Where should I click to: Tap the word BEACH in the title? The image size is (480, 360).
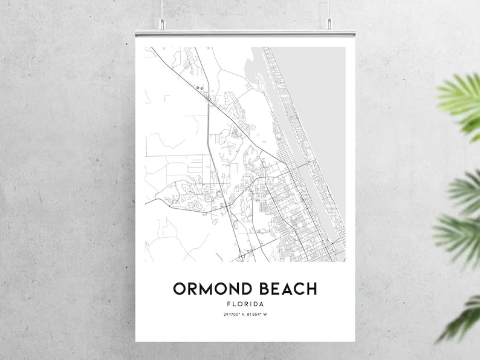pos(285,289)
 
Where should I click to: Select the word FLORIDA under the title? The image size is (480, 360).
pos(245,304)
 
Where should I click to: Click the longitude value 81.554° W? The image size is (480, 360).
pos(258,314)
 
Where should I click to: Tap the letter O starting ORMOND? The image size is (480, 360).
pos(180,289)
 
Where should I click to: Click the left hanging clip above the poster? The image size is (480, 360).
pos(162,24)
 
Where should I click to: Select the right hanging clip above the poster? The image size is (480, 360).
pos(329,24)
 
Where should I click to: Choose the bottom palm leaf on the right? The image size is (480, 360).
pos(462,318)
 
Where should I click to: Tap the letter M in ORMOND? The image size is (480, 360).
pos(207,289)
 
